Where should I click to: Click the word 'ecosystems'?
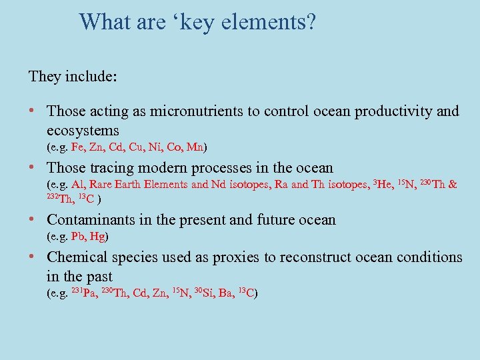tap(83, 130)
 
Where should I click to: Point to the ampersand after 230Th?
tap(453, 185)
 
